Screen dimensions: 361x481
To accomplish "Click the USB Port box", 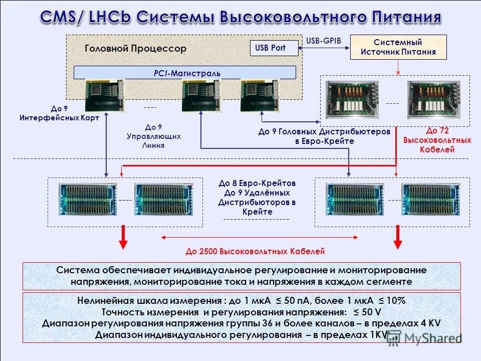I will click(274, 48).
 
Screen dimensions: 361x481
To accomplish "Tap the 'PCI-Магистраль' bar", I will click(185, 73).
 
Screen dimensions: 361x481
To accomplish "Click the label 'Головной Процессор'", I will click(135, 49).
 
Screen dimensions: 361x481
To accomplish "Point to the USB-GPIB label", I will click(324, 40).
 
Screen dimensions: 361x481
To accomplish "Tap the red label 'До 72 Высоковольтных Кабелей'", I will click(437, 140).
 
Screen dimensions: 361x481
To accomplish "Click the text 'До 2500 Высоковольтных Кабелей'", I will click(256, 251).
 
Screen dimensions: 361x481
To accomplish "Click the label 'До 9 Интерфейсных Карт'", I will click(59, 113).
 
